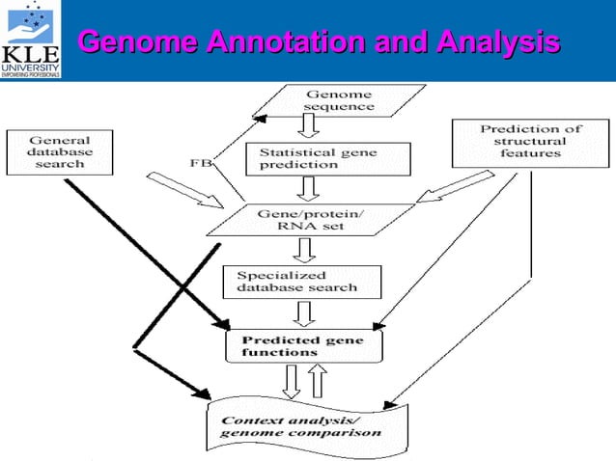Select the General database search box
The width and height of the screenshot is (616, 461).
pyautogui.click(x=61, y=151)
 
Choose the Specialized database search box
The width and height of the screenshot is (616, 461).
pyautogui.click(x=302, y=281)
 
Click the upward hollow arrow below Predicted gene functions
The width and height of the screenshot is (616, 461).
pyautogui.click(x=316, y=382)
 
